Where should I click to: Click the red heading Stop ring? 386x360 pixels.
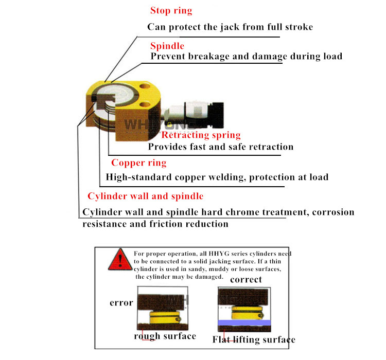tap(171, 10)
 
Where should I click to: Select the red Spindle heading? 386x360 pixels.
tap(167, 46)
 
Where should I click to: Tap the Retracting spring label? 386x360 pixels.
tap(201, 135)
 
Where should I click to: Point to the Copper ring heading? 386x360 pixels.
tap(139, 163)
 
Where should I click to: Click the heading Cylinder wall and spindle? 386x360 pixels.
tap(145, 196)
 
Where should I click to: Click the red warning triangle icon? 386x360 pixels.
tap(119, 259)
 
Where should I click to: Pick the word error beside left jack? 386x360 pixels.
tap(121, 302)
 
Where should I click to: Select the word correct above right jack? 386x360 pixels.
tap(245, 280)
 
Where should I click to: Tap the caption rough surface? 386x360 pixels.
tap(165, 336)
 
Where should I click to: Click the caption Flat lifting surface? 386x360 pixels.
tap(254, 339)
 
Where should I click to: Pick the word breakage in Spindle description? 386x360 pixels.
tap(209, 56)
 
